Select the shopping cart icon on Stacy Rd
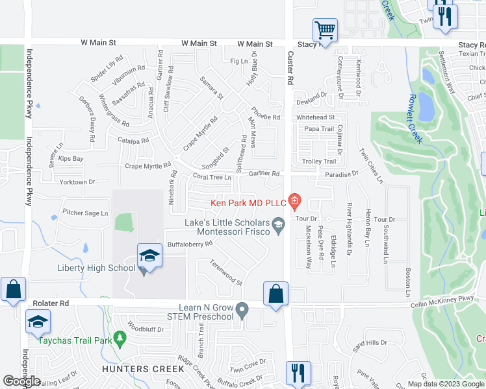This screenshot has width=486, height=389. pos(324,30)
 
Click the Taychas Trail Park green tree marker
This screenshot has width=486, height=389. pos(119,338)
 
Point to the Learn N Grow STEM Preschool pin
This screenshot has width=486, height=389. pos(242,311)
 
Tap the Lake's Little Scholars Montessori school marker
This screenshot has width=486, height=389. pos(278,226)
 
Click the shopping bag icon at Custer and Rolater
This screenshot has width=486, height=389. pos(276,293)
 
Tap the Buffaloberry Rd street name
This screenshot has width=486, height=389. pos(190,244)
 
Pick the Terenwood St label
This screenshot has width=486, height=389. pos(226,273)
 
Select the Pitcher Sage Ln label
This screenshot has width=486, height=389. pos(85,213)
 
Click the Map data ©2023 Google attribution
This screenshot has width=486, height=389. pos(445,384)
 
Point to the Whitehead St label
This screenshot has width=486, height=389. pos(315,117)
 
